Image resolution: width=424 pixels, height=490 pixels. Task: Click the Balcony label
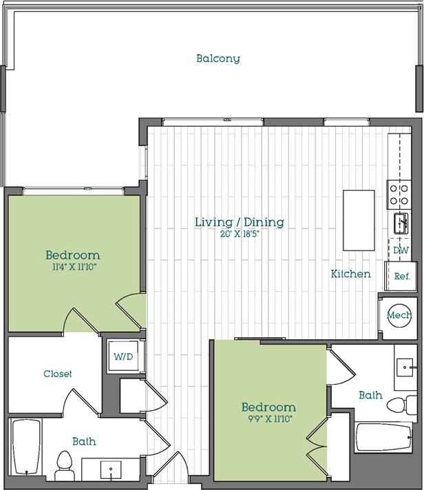pyautogui.click(x=218, y=58)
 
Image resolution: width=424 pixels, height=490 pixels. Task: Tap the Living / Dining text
pyautogui.click(x=239, y=222)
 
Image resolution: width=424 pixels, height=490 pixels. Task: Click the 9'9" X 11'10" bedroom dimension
pyautogui.click(x=268, y=419)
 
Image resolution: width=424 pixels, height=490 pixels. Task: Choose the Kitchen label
pyautogui.click(x=350, y=274)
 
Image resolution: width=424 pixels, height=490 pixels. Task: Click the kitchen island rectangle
pyautogui.click(x=359, y=220)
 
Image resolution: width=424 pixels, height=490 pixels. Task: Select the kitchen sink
pyautogui.click(x=400, y=223)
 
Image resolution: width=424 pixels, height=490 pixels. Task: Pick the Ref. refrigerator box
pyautogui.click(x=401, y=277)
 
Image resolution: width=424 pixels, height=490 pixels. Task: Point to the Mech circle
pyautogui.click(x=399, y=315)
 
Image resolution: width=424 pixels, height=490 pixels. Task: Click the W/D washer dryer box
pyautogui.click(x=124, y=357)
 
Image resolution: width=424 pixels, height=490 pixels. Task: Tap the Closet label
pyautogui.click(x=57, y=374)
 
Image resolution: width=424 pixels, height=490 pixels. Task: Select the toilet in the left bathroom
pyautogui.click(x=64, y=465)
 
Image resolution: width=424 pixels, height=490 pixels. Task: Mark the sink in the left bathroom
pyautogui.click(x=110, y=470)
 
